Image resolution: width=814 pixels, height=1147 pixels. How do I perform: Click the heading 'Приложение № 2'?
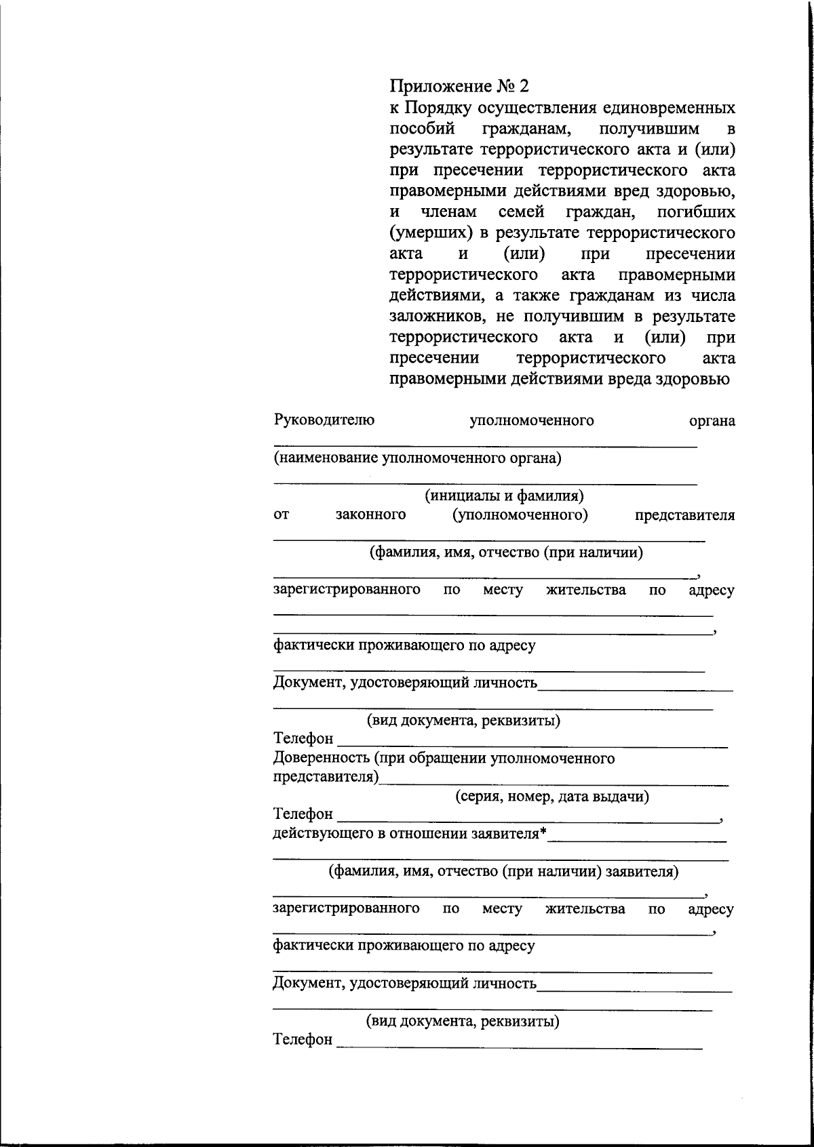(x=459, y=87)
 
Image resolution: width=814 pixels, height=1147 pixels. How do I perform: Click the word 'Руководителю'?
(x=324, y=420)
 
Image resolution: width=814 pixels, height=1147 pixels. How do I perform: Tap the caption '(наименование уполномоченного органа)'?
(x=418, y=458)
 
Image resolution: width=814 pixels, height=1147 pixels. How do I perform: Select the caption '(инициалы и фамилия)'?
(x=505, y=496)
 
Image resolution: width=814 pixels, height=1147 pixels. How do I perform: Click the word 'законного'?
(x=371, y=515)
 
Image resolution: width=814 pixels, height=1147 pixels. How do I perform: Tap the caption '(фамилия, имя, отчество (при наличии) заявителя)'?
(x=503, y=871)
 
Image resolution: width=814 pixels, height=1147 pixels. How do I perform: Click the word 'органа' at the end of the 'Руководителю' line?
(x=712, y=421)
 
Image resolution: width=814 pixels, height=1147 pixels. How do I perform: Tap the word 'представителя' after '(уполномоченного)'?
(x=684, y=515)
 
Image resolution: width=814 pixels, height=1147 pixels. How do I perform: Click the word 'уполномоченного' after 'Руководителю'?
(x=532, y=421)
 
